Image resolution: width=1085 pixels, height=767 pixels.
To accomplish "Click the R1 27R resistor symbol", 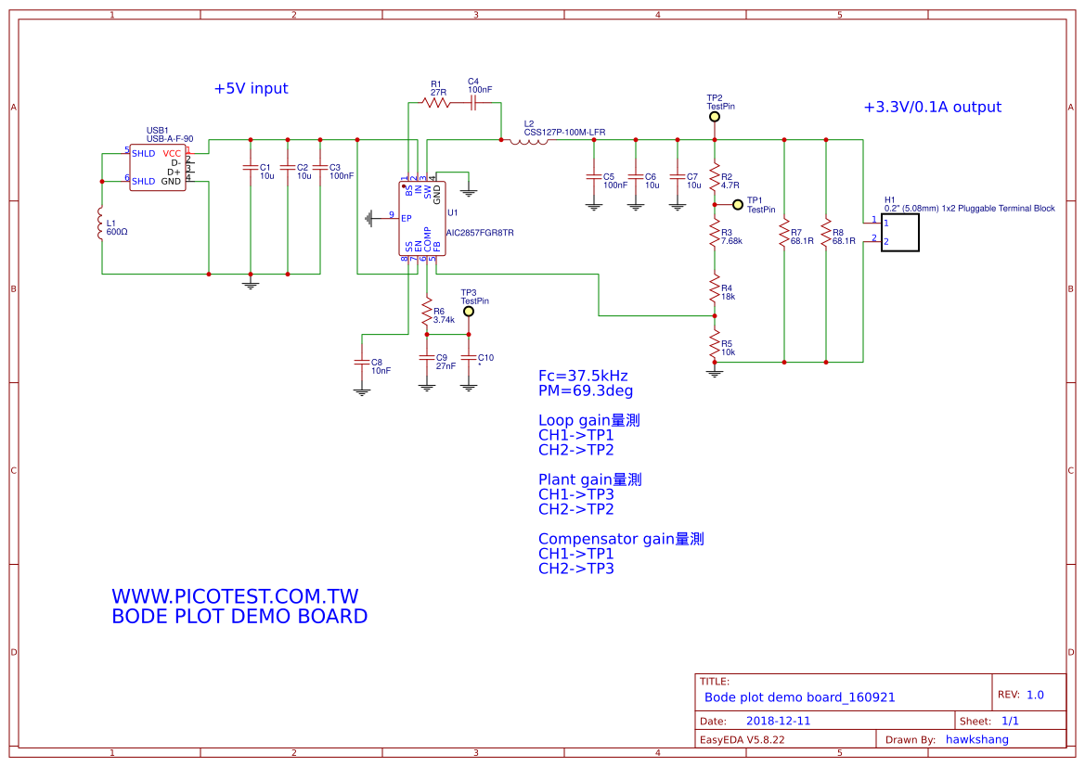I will pyautogui.click(x=435, y=104).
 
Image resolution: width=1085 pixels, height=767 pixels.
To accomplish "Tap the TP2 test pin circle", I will pyautogui.click(x=714, y=118).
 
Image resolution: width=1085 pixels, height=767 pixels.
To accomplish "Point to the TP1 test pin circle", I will pyautogui.click(x=738, y=204).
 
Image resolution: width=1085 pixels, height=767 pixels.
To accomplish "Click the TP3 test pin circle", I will pyautogui.click(x=469, y=312).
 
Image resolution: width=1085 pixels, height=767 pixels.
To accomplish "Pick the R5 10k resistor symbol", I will pyautogui.click(x=715, y=346).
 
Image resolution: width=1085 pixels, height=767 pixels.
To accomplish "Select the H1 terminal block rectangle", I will pyautogui.click(x=899, y=232).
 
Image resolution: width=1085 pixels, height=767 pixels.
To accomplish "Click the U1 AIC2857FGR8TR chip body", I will pyautogui.click(x=422, y=218).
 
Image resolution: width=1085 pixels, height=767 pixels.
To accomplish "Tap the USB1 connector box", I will pyautogui.click(x=157, y=167).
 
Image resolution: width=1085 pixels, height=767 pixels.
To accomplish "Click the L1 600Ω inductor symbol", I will pyautogui.click(x=101, y=225).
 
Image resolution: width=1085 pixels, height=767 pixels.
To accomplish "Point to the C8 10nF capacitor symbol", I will pyautogui.click(x=362, y=362).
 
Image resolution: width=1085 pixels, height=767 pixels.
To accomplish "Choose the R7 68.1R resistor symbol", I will pyautogui.click(x=784, y=233).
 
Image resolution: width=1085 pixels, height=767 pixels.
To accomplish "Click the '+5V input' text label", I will pyautogui.click(x=251, y=89).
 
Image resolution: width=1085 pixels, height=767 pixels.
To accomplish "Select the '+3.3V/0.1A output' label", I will pyautogui.click(x=932, y=108).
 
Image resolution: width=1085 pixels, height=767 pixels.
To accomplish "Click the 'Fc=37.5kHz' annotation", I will pyautogui.click(x=583, y=376).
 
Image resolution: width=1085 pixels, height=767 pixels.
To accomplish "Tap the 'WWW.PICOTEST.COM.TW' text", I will pyautogui.click(x=235, y=596).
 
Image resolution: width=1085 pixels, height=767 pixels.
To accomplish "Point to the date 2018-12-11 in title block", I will pyautogui.click(x=778, y=721).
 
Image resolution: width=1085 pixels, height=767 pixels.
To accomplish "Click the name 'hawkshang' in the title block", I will pyautogui.click(x=976, y=739).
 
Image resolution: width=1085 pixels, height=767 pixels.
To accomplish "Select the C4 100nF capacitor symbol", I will pyautogui.click(x=473, y=104).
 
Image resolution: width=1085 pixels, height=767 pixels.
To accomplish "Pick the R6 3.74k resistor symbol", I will pyautogui.click(x=427, y=315).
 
